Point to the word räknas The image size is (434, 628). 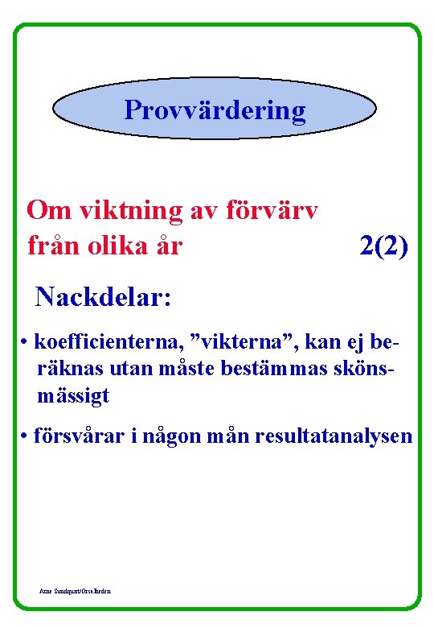pos(62,370)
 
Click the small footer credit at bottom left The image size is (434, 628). pos(76,591)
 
